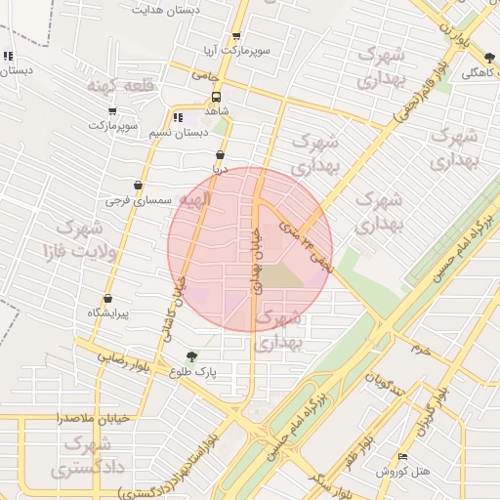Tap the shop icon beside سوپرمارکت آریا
pos(236,36)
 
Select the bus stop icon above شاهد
pos(216,97)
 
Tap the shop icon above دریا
pos(220,154)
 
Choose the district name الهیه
pos(191,200)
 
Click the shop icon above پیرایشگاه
pos(107,299)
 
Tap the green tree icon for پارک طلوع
pos(190,356)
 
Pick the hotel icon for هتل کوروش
pos(404,457)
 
